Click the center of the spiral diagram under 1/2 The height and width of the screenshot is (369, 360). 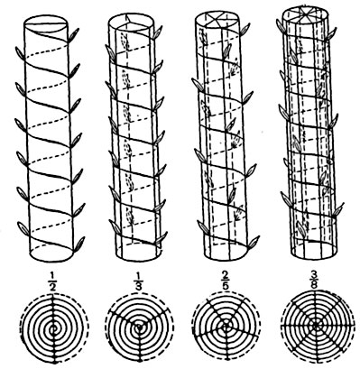(x=54, y=330)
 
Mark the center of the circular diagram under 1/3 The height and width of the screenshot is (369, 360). (x=139, y=329)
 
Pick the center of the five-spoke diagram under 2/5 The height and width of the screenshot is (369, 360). (x=226, y=326)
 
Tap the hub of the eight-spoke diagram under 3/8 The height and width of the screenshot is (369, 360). (x=315, y=325)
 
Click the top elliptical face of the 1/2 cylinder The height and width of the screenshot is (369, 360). (x=44, y=24)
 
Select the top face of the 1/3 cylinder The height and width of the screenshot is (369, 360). (x=131, y=23)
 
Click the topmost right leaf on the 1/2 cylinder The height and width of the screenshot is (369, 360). (x=74, y=34)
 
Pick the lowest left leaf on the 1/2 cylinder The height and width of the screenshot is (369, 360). (x=23, y=227)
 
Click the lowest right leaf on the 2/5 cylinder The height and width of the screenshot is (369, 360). (x=254, y=242)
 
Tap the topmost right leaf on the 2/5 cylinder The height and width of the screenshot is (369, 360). (x=245, y=29)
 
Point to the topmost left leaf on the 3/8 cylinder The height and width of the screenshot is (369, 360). (x=280, y=25)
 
